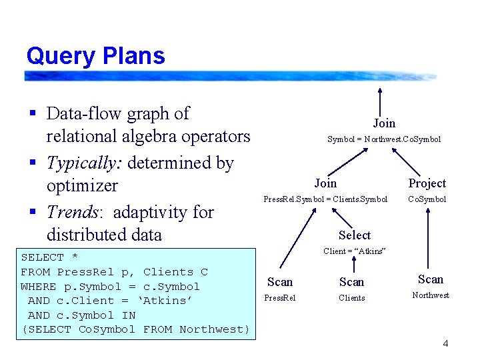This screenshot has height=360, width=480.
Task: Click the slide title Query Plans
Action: [x=95, y=55]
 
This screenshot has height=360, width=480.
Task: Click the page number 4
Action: [x=445, y=344]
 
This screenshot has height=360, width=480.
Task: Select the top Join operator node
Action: [x=384, y=123]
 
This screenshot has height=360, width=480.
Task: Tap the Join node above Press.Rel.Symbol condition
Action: [x=325, y=183]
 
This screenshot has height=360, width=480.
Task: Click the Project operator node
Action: [x=427, y=183]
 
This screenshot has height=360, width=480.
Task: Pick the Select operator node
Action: [x=354, y=235]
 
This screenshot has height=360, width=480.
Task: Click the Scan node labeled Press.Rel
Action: [x=280, y=282]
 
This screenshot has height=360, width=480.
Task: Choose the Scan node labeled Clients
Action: [x=351, y=282]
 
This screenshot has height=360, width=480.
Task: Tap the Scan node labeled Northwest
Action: [x=431, y=279]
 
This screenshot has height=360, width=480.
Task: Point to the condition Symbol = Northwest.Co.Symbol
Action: [x=383, y=139]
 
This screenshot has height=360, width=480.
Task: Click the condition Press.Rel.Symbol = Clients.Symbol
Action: [x=325, y=199]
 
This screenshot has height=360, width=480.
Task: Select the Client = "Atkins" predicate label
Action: [x=354, y=251]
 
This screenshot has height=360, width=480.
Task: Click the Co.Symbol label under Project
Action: [x=427, y=199]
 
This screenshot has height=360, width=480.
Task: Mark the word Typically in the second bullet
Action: [x=83, y=163]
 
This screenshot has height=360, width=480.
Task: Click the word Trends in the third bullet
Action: [x=72, y=212]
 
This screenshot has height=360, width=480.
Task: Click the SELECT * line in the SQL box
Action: [x=49, y=257]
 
